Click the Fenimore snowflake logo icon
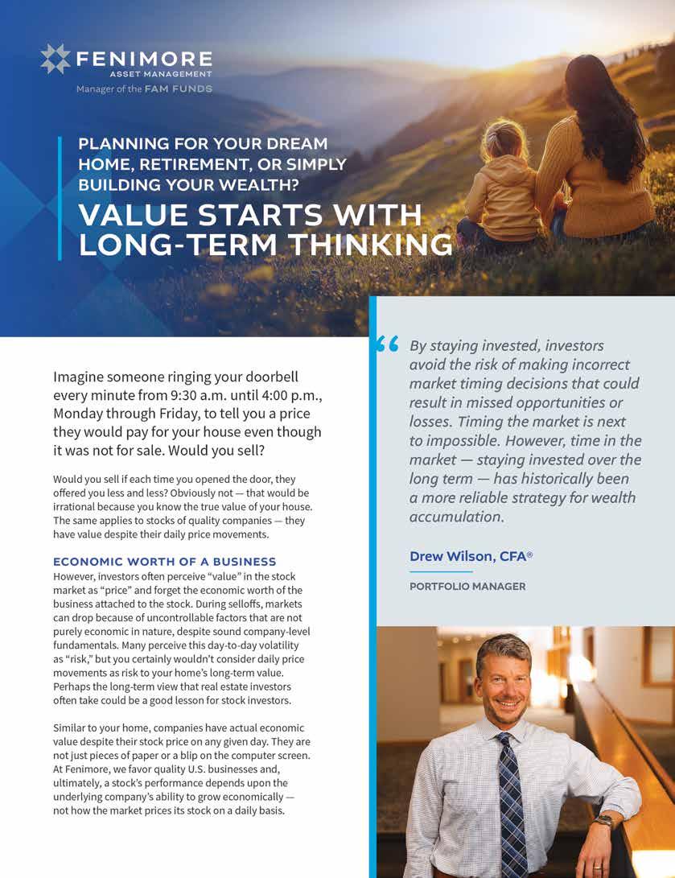point(56,60)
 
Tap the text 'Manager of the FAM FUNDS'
point(144,89)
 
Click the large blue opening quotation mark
point(387,345)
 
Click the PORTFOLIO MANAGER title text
point(467,587)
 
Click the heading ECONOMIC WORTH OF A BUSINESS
point(165,562)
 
